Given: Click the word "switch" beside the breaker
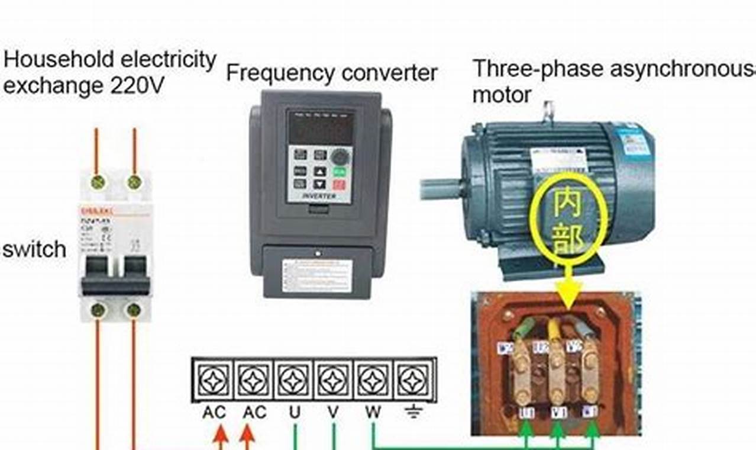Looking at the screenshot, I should click(x=34, y=249).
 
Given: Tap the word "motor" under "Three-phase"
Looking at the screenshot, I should click(x=501, y=95).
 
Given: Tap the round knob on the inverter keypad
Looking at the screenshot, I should click(x=340, y=157).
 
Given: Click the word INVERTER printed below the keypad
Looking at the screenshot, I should click(x=319, y=196).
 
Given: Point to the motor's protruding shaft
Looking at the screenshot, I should click(x=441, y=189).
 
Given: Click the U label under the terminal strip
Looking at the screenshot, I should click(x=294, y=412).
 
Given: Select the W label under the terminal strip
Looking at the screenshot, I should click(x=373, y=412).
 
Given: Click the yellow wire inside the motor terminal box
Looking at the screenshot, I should click(x=554, y=331).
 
